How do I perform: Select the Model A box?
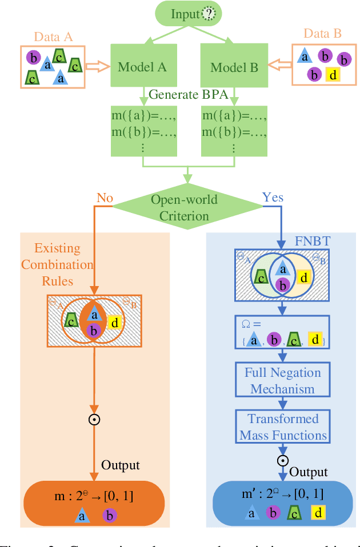142,67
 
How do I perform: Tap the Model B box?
234,67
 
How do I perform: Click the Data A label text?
53,37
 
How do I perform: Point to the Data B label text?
322,34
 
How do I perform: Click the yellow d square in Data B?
333,74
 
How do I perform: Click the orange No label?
104,198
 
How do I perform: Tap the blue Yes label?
273,198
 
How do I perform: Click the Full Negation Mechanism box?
283,381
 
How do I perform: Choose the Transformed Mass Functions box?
283,427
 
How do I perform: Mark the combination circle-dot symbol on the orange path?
94,420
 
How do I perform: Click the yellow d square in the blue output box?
317,513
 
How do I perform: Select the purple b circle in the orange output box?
110,516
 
